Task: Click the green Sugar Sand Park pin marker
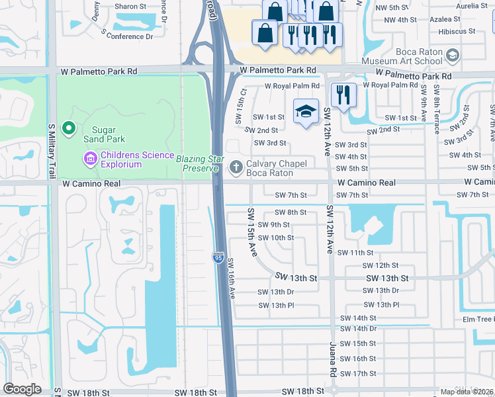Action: (x=67, y=128)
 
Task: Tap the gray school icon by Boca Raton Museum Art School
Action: (x=453, y=55)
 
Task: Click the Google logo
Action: (x=22, y=389)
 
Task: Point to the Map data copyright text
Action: (x=467, y=392)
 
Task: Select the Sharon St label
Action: (x=125, y=6)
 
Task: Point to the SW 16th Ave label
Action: (x=232, y=278)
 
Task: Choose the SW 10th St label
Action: (x=276, y=238)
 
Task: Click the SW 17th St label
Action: (x=356, y=374)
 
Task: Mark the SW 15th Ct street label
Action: (x=240, y=106)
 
